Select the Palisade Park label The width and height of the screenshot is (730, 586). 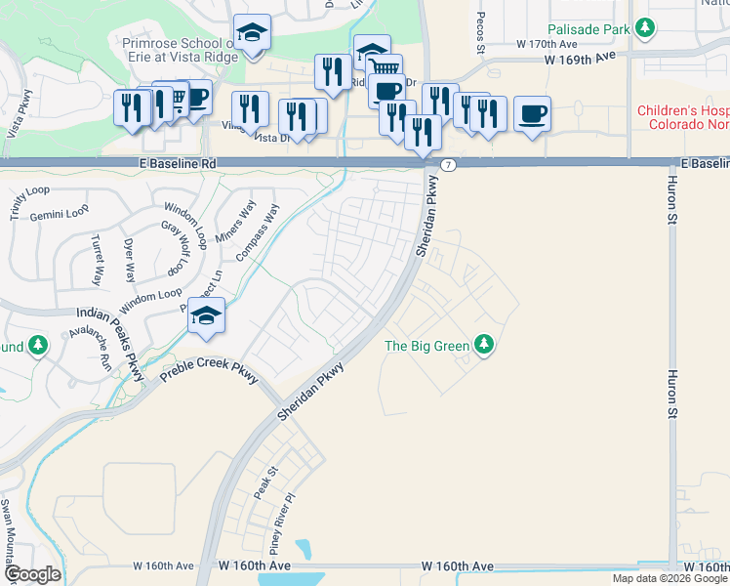point(588,30)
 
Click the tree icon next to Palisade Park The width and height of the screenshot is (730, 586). point(644,29)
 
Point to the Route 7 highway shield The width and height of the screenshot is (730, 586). point(446,164)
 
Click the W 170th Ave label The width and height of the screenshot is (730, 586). point(547,44)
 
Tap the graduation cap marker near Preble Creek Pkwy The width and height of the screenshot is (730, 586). point(207,316)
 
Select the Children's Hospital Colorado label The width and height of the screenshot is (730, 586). point(683,118)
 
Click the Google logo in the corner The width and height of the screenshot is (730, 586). point(32,574)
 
